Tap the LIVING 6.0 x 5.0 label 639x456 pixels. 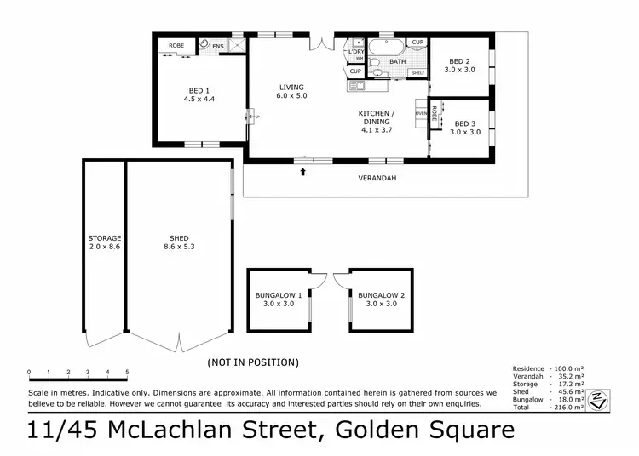click(x=291, y=91)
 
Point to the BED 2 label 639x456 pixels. click(x=459, y=66)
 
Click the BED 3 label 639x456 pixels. click(x=465, y=128)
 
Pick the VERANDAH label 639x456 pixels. click(x=377, y=178)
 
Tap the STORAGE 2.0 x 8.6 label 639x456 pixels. click(x=105, y=242)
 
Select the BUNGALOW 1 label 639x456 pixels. click(x=277, y=299)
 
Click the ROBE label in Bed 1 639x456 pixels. click(x=176, y=45)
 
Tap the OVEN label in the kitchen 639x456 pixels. click(x=420, y=113)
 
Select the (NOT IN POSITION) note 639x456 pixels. click(x=253, y=362)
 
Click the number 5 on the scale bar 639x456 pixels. click(x=127, y=372)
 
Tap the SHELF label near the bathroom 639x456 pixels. click(x=417, y=73)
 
